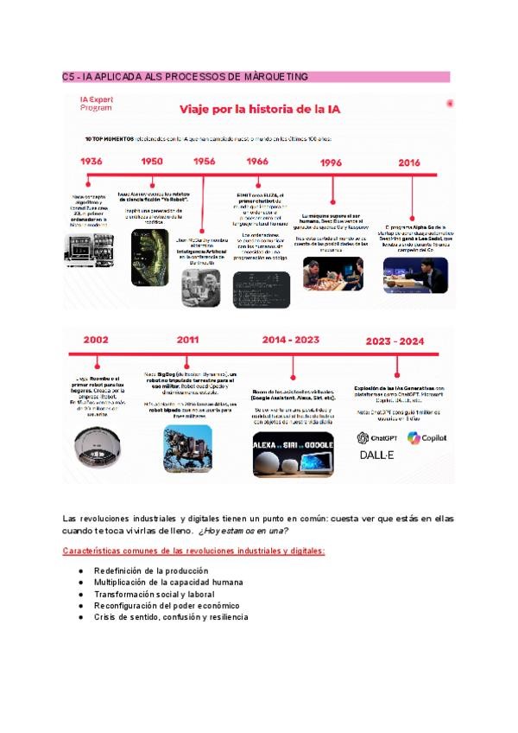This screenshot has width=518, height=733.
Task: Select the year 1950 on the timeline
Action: click(x=152, y=162)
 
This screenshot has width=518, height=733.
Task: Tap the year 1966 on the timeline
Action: click(x=256, y=162)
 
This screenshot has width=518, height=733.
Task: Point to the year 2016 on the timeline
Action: click(x=409, y=163)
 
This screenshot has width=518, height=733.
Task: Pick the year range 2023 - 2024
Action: click(x=395, y=341)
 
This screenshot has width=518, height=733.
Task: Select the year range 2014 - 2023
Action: click(x=292, y=341)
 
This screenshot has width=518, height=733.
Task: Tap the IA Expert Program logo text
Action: click(x=96, y=105)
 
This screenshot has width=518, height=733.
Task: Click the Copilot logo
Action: click(x=427, y=437)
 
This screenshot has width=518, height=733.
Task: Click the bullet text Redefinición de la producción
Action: click(x=151, y=571)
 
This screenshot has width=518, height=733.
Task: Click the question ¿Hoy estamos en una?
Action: click(x=243, y=530)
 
